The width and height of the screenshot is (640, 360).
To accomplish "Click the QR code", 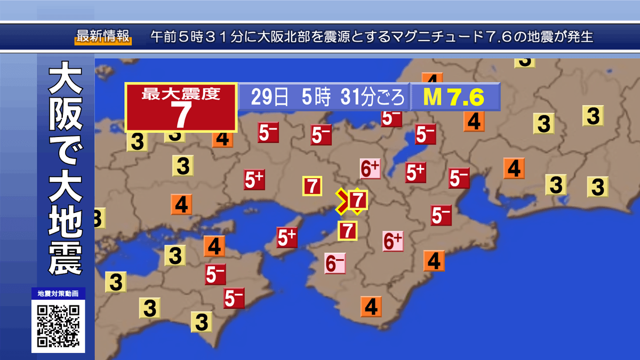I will pyautogui.click(x=58, y=325).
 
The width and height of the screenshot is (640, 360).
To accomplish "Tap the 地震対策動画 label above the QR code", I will pyautogui.click(x=58, y=294).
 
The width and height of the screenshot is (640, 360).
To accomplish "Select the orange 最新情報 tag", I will pyautogui.click(x=102, y=37).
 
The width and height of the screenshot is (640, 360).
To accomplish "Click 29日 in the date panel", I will pyautogui.click(x=270, y=97).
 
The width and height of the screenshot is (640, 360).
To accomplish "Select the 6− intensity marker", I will pyautogui.click(x=335, y=262).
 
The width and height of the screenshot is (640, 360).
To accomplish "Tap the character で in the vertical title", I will pyautogui.click(x=65, y=155).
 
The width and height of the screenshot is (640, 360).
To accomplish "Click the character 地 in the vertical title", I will pyautogui.click(x=65, y=225).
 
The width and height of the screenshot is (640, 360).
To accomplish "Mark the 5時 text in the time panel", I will pyautogui.click(x=315, y=97).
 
